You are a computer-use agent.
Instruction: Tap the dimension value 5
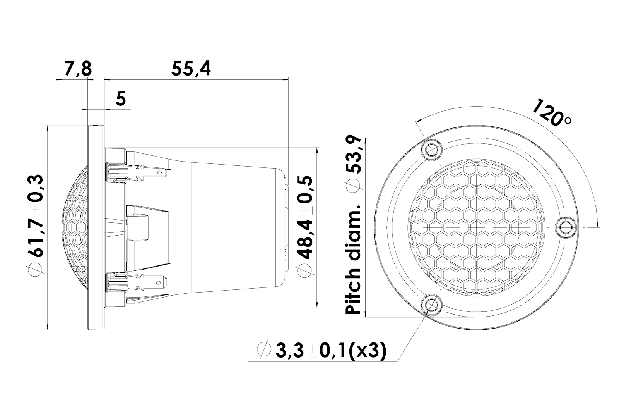click(x=121, y=98)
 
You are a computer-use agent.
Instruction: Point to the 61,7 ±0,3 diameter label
click(x=35, y=216)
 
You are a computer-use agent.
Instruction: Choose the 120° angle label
click(x=551, y=116)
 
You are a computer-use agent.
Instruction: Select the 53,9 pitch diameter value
click(x=353, y=155)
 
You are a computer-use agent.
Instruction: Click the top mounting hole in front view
click(x=431, y=150)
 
